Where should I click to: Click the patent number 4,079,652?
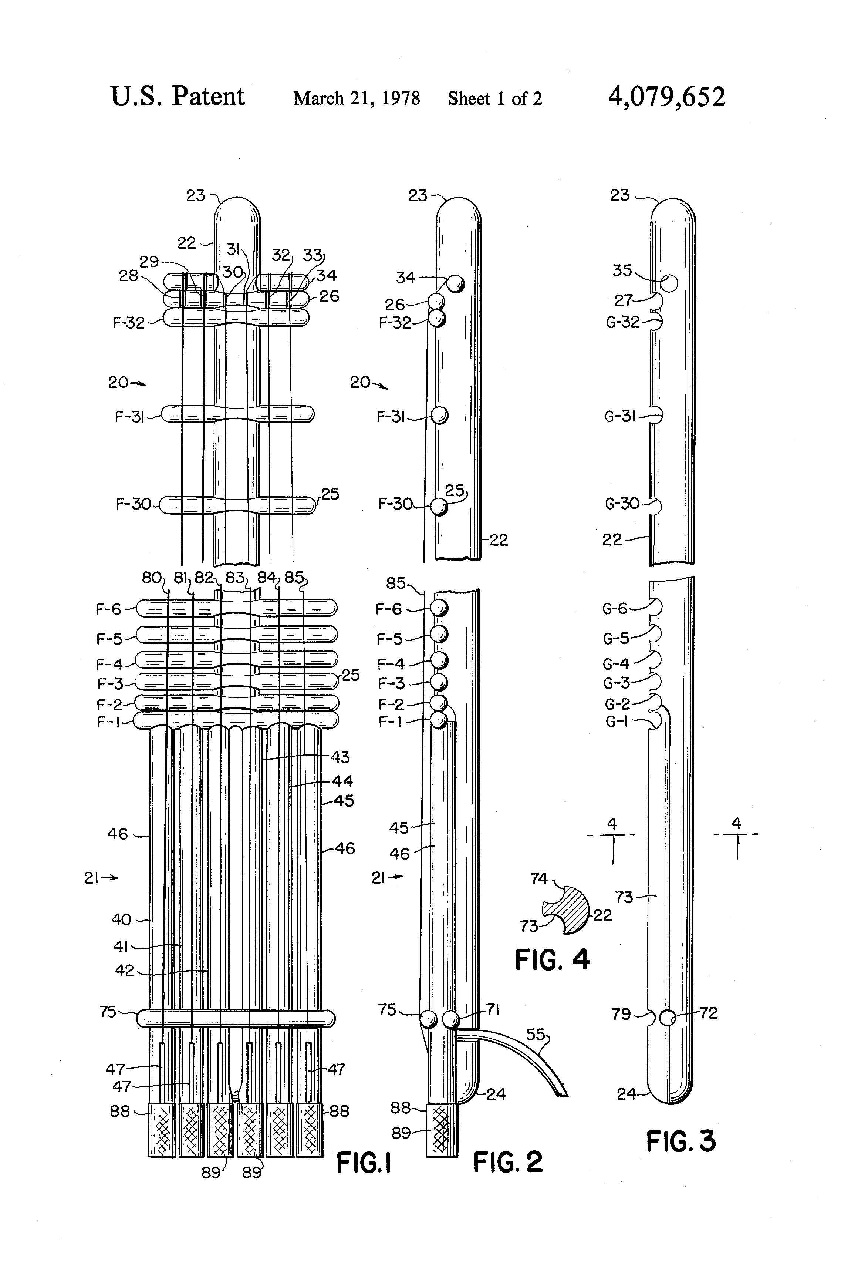point(666,98)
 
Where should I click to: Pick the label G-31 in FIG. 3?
point(620,417)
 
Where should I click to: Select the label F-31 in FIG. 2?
point(391,417)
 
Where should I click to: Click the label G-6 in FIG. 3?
point(615,609)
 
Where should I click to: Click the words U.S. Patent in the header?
point(178,97)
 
